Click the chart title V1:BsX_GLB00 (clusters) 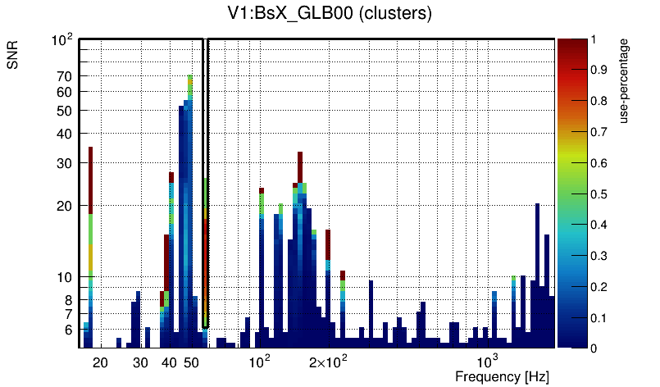click(x=329, y=13)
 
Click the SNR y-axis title click(x=13, y=61)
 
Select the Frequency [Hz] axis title click(x=502, y=376)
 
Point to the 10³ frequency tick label click(x=488, y=362)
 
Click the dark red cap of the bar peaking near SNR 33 click(x=301, y=166)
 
